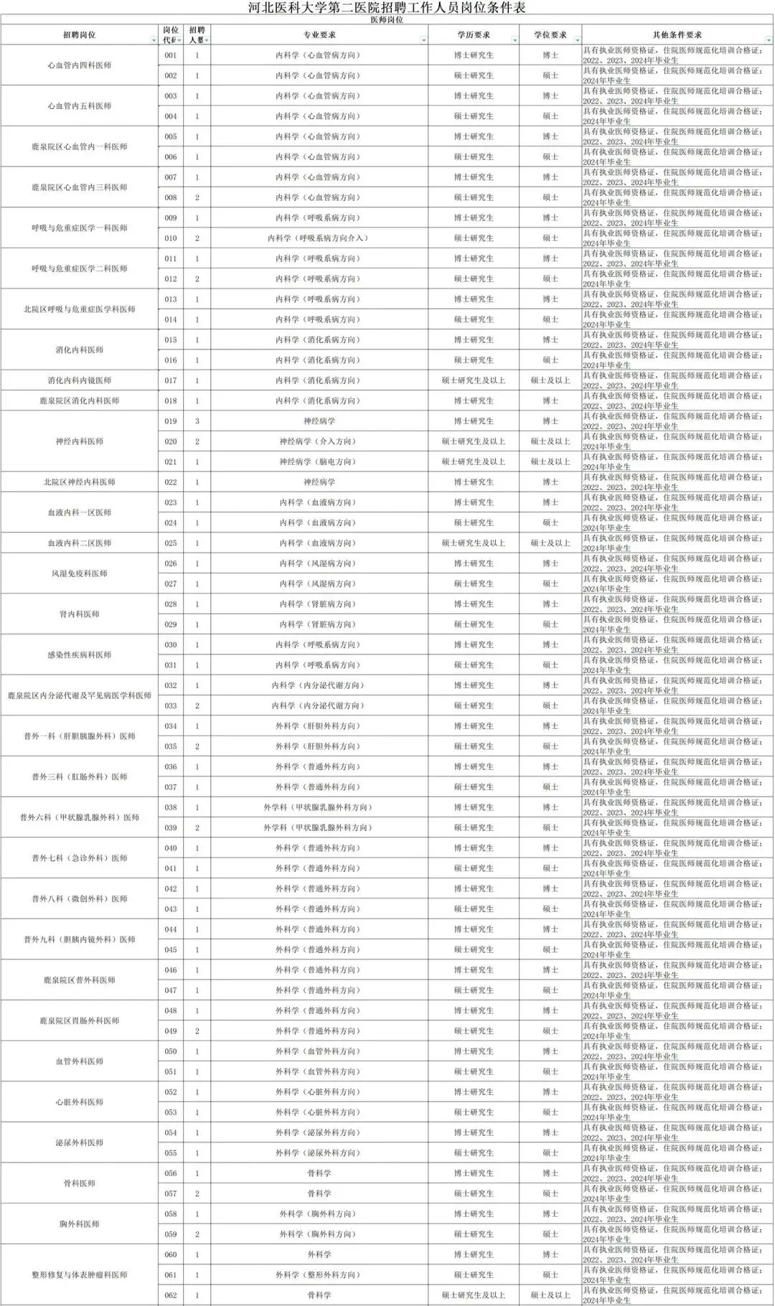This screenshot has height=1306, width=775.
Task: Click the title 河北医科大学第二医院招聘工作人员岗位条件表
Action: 387,8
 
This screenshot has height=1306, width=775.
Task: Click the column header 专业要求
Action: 319,34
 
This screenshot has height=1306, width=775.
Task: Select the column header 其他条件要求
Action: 677,34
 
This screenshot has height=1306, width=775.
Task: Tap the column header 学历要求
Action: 474,34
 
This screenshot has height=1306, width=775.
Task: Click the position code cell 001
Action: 171,55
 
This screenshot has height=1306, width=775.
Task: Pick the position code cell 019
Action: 171,421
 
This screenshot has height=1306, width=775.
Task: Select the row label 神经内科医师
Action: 80,441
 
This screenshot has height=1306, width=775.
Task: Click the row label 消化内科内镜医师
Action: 80,380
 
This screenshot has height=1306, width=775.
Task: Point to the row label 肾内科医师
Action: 80,614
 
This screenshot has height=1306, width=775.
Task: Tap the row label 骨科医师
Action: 80,1183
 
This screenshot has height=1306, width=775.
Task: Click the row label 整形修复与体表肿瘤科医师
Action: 80,1274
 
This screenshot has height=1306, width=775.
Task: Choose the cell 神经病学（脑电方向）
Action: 319,461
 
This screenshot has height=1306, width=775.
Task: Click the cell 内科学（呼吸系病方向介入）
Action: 319,238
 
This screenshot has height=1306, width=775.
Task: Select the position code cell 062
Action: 171,1295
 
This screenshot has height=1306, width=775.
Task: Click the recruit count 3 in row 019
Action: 197,421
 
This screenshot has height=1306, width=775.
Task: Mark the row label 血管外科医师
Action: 80,1061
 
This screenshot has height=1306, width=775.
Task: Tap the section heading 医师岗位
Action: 387,20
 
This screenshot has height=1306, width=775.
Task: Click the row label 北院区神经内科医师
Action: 80,482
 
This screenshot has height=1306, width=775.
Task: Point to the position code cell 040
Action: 171,848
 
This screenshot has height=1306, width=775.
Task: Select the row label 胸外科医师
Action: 80,1224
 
